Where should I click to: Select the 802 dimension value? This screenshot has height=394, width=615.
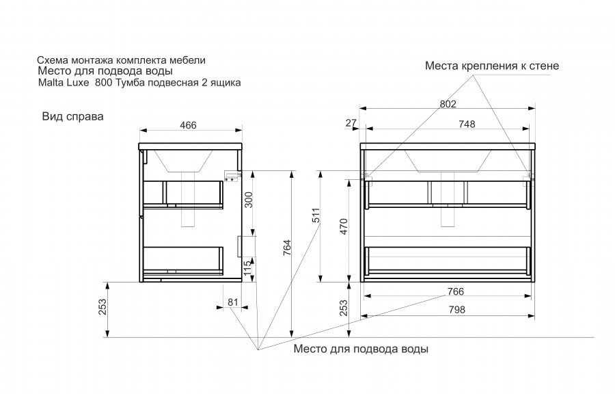coord(448,103)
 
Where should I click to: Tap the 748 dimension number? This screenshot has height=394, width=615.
coord(467,124)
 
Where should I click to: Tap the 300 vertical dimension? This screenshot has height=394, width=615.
coord(249,198)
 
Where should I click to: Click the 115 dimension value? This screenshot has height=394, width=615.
coord(249,268)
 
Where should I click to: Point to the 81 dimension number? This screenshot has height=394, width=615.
coord(232,300)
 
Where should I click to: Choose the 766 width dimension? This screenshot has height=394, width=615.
coord(456,291)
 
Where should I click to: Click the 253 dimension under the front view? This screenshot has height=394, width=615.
coord(344,309)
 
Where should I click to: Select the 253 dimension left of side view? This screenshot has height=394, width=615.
coord(103,309)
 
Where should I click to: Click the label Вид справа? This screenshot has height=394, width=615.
coord(72,116)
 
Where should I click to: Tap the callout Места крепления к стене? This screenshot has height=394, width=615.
coord(492,66)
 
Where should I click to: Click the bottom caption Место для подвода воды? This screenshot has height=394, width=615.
coord(361,349)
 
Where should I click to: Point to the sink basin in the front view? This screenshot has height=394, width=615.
coord(448,161)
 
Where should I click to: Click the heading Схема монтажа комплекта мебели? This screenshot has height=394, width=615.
coord(121,60)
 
